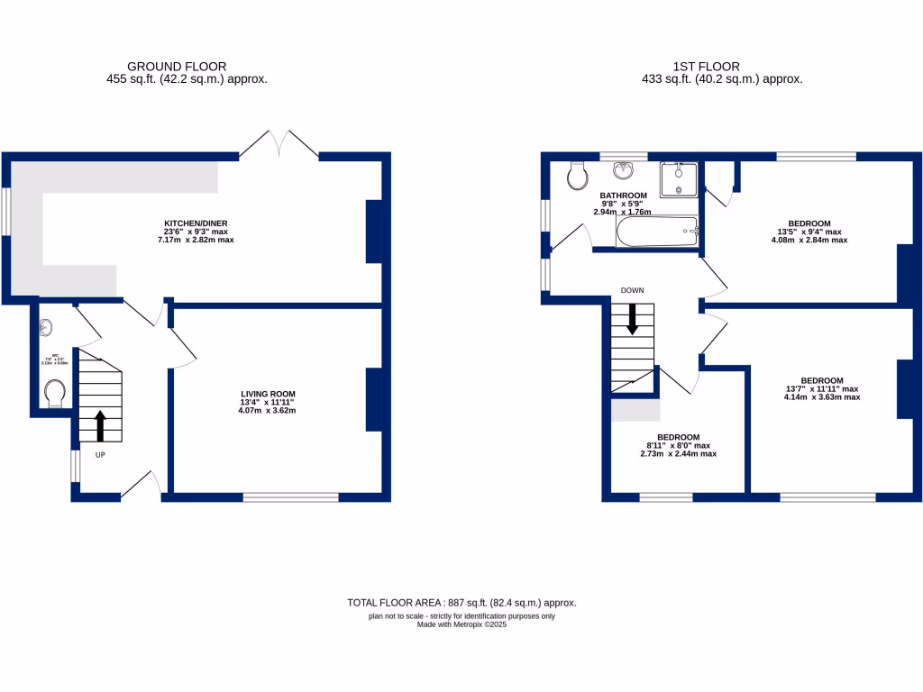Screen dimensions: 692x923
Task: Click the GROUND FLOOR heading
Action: pos(177,66)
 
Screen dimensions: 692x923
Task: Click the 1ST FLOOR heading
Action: pos(706,66)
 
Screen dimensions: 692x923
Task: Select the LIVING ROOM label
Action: pos(268,394)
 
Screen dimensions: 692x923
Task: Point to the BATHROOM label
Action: pos(623,196)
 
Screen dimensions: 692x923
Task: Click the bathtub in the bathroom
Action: pos(657,232)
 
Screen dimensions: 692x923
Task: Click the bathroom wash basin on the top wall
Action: pos(625,170)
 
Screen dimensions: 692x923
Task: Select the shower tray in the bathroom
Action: pos(678,179)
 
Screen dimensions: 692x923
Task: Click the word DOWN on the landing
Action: pos(632,290)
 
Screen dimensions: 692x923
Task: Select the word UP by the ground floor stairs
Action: pos(100,455)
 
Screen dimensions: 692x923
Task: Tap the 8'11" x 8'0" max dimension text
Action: pos(679,445)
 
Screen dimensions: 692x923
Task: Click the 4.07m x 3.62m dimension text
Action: pos(268,411)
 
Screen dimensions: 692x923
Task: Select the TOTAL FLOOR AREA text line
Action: pos(461,603)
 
